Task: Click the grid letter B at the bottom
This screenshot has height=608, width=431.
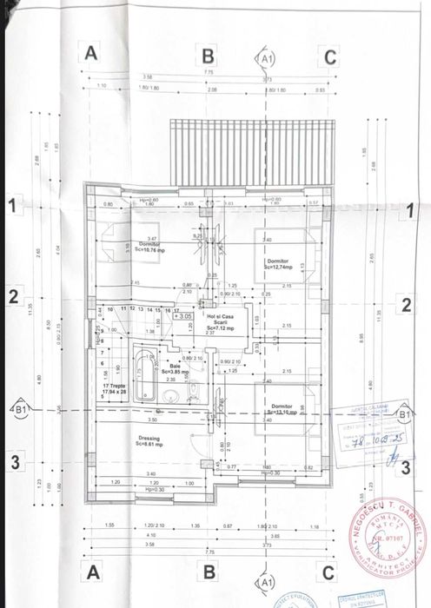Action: click(209, 572)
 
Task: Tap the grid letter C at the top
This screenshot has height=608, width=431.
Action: click(328, 57)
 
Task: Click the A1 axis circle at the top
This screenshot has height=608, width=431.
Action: click(268, 57)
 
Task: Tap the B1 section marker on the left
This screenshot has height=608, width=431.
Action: click(18, 407)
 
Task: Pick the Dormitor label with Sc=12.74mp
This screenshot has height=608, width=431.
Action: click(279, 262)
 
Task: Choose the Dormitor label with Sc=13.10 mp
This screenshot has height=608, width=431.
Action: click(282, 409)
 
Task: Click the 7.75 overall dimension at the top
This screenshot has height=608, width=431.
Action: click(209, 72)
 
